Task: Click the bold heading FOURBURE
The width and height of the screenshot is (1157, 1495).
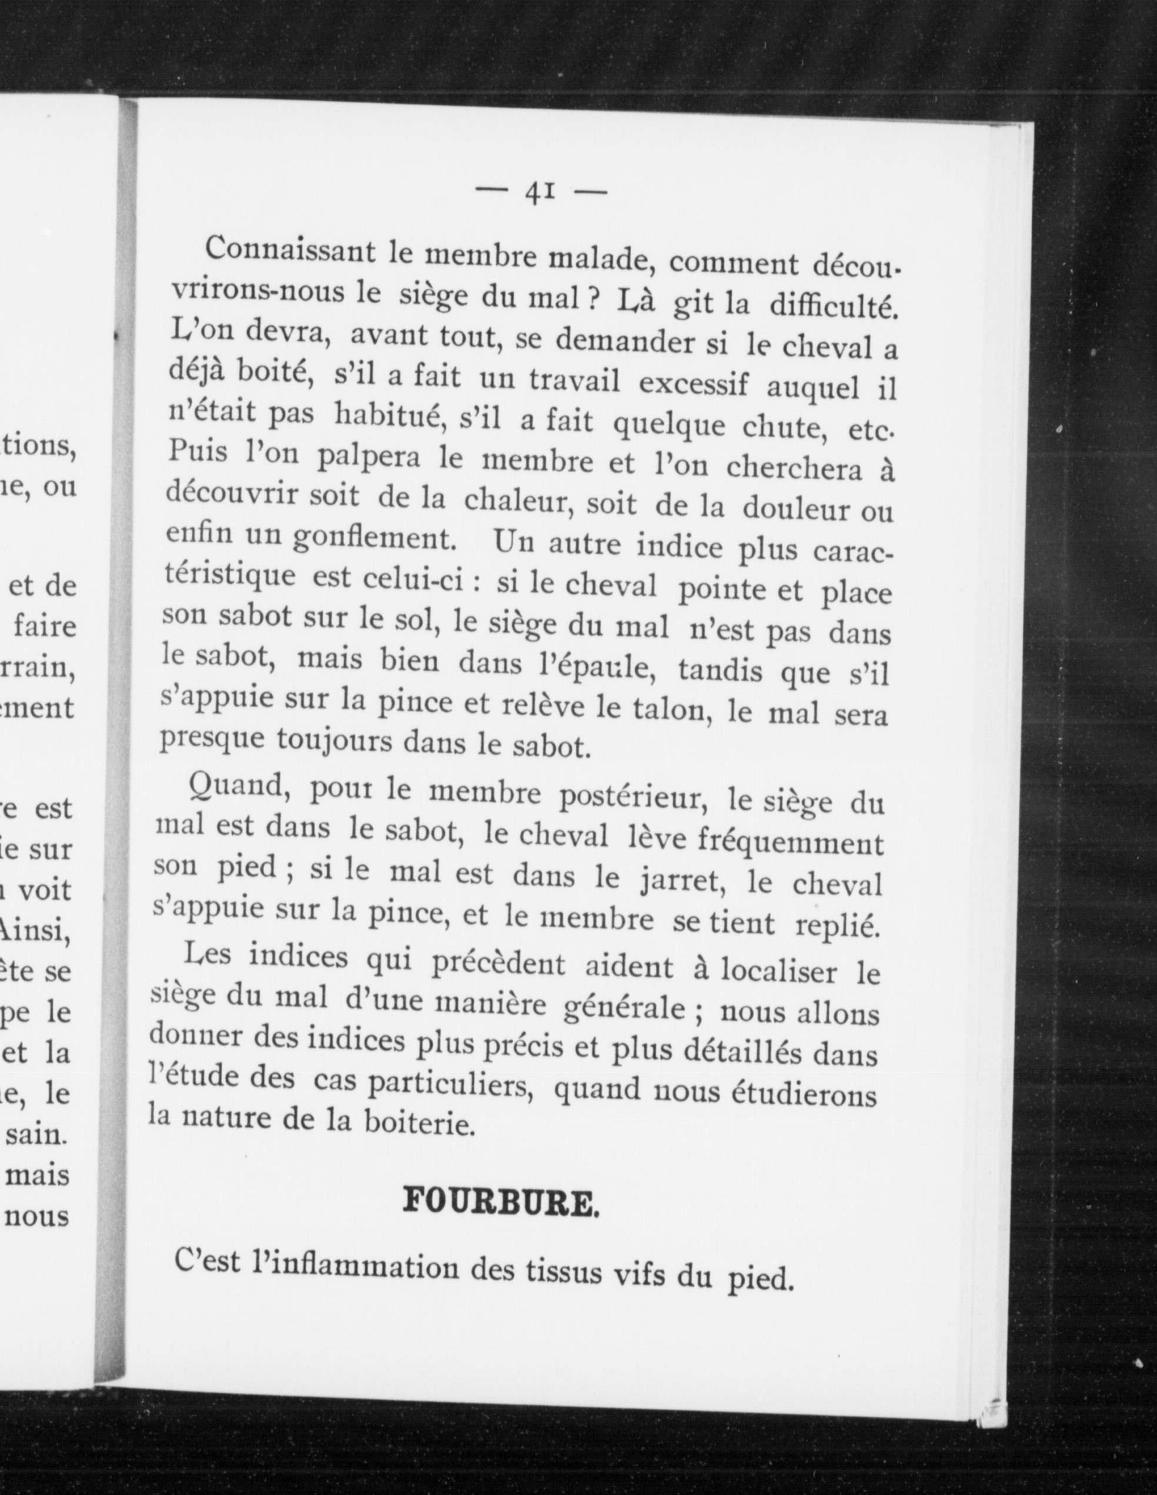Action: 500,1203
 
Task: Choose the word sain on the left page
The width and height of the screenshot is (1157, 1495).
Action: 36,1134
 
